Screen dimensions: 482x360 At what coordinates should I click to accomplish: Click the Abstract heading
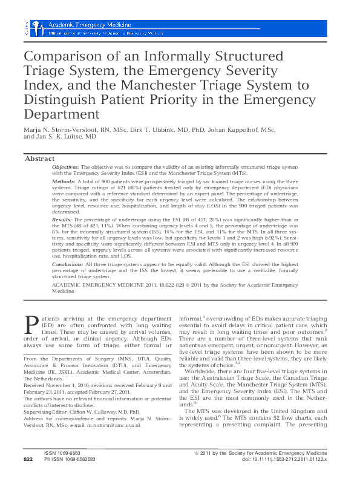point(40,158)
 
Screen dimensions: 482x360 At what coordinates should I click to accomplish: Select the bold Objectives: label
point(66,166)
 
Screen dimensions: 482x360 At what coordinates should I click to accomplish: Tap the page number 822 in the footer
point(28,476)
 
